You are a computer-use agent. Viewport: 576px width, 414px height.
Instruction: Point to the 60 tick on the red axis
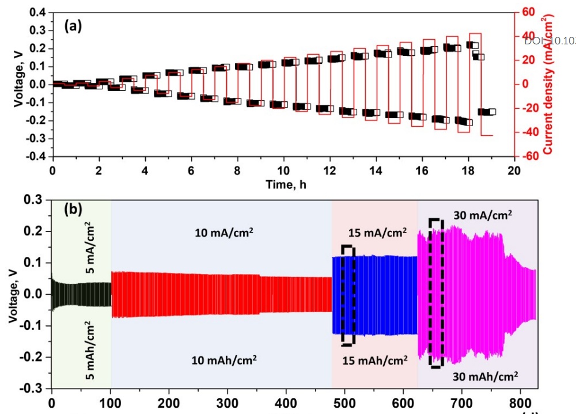coord(529,12)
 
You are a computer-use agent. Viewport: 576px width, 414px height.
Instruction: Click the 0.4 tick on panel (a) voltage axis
coord(37,12)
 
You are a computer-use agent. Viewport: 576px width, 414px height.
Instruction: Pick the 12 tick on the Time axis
coord(329,171)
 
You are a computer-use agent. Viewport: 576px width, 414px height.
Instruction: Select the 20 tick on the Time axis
coord(514,171)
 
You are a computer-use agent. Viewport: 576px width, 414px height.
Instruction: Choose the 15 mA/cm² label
coord(378,233)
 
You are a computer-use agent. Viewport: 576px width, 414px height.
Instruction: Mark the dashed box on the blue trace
coord(348,295)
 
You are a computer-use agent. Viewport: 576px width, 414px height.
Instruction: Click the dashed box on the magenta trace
coord(437,293)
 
